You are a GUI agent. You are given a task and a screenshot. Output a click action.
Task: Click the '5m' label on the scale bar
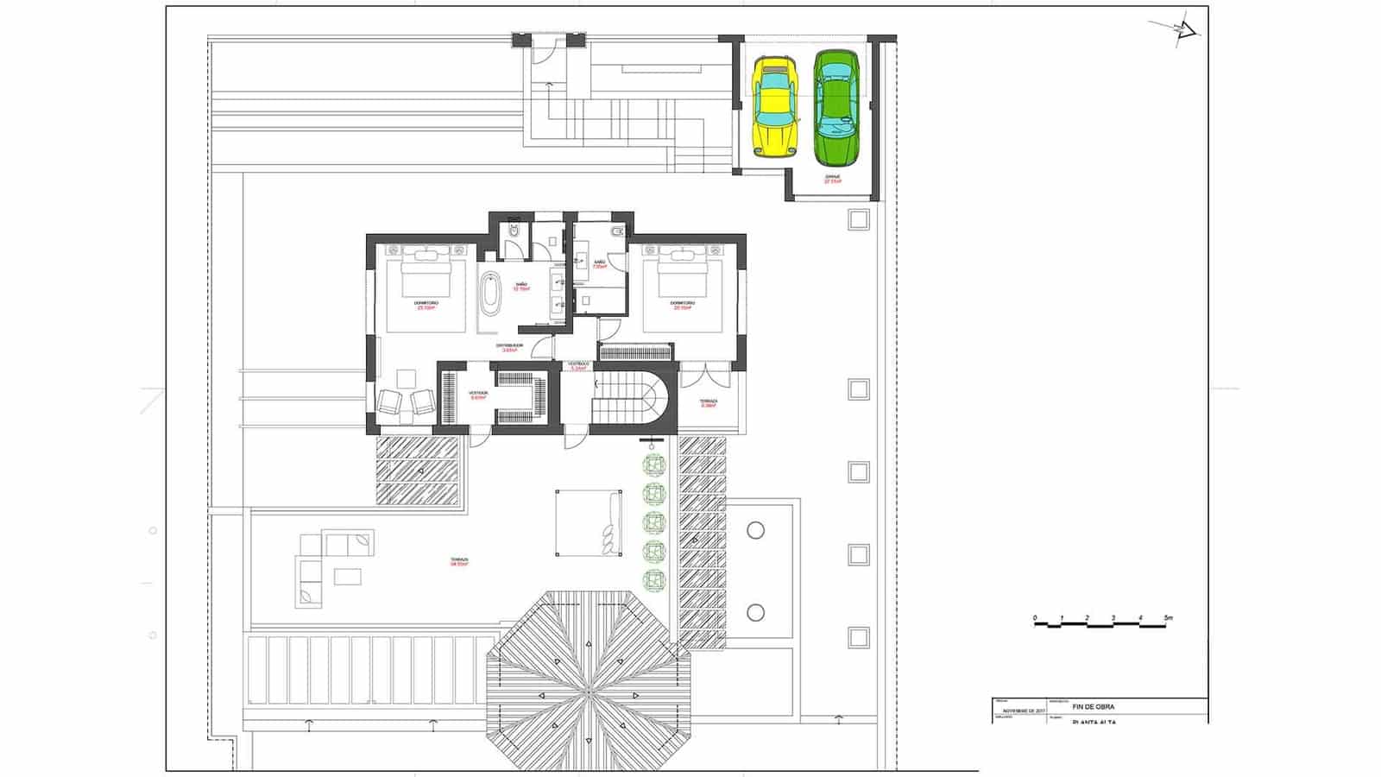[1168, 618]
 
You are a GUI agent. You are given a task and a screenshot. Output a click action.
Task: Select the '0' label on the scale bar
[1035, 618]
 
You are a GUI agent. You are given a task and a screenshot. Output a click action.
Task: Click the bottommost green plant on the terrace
[654, 578]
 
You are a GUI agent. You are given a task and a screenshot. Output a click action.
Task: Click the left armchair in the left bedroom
[389, 402]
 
